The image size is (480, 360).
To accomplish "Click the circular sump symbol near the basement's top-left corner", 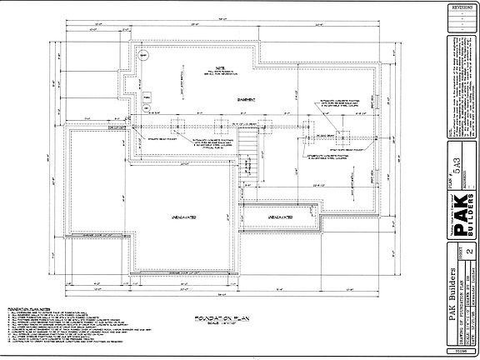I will (143, 57).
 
